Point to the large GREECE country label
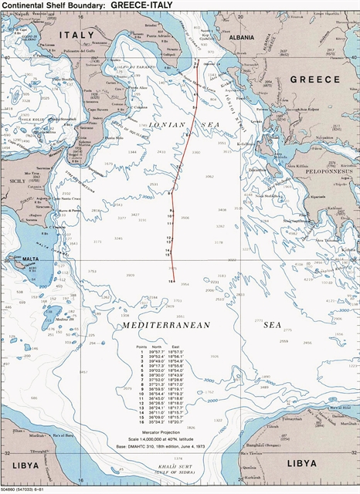click(314, 80)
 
